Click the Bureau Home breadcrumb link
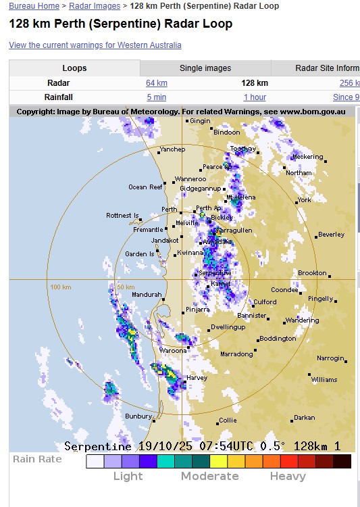point(34,6)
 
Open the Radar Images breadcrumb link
point(95,6)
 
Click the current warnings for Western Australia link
point(95,45)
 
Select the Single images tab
point(205,68)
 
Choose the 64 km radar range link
point(157,83)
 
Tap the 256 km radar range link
point(349,83)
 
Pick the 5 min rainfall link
point(157,97)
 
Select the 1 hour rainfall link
point(255,97)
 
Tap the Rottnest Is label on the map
point(122,216)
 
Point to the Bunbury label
point(138,416)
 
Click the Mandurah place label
point(147,295)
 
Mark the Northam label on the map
point(299,173)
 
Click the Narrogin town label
point(330,358)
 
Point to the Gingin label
point(200,121)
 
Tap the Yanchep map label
point(172,149)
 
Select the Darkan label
point(304,418)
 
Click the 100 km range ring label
point(61,287)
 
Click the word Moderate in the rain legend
point(209,476)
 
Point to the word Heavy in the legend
point(288,476)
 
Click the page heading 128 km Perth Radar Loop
point(120,24)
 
